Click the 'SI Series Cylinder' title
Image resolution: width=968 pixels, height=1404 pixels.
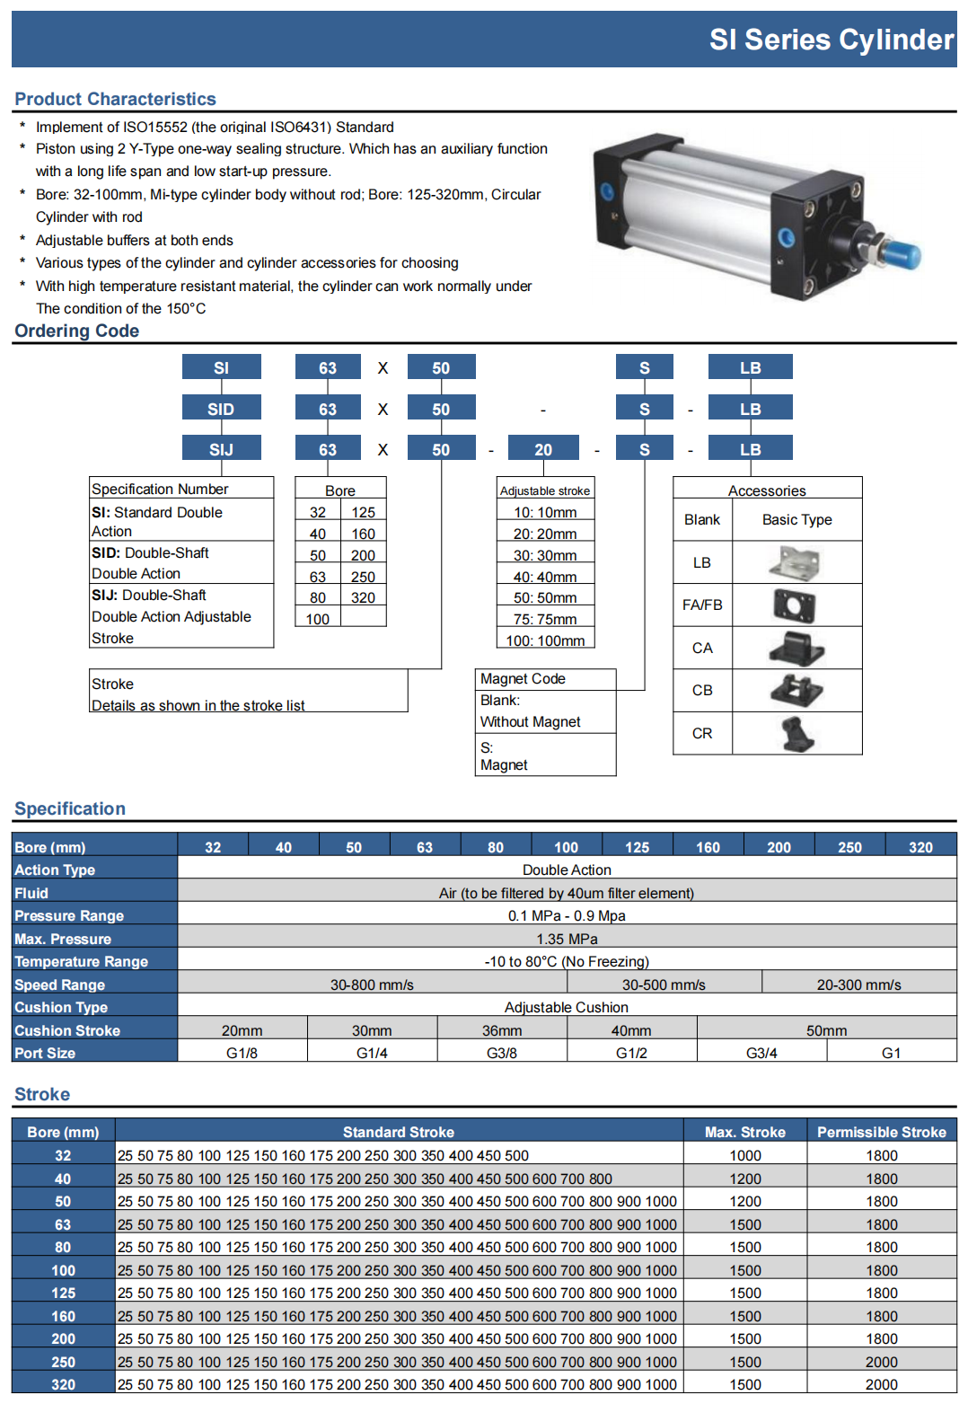831,40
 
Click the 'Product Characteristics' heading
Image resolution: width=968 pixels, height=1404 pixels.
115,99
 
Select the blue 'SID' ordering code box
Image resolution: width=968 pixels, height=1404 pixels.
221,409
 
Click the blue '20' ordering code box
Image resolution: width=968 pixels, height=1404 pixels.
543,449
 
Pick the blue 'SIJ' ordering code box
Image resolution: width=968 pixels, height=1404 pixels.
221,449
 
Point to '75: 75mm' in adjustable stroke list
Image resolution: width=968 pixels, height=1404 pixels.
545,619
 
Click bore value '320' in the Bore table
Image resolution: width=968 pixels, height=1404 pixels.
363,597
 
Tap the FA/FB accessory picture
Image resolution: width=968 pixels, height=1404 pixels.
795,605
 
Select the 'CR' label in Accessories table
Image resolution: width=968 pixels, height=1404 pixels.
702,733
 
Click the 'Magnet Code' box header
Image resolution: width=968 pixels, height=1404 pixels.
523,679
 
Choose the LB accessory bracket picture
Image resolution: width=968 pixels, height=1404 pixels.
795,563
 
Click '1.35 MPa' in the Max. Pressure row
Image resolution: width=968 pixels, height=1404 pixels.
567,939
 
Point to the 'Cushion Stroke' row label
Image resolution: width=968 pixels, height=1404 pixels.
67,1030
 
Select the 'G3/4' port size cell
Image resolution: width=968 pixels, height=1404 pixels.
761,1053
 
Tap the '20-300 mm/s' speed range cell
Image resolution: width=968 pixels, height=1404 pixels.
858,985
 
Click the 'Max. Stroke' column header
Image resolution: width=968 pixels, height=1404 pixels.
744,1132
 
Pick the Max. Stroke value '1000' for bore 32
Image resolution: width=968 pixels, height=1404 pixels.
744,1155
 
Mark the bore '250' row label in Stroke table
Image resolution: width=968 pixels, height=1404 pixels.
63,1362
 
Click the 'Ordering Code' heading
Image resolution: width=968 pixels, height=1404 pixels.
77,331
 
